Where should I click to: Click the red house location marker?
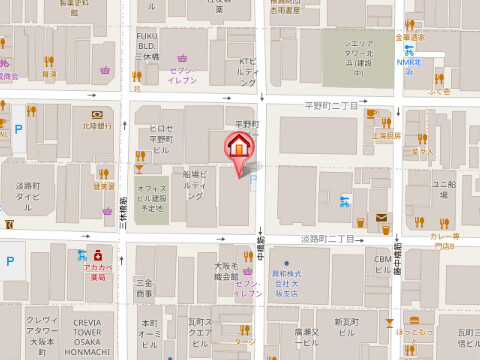[x=238, y=148]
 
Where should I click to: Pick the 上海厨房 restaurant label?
[x=385, y=135]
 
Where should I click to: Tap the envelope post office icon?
[x=381, y=217]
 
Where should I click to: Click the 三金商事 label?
[x=145, y=288]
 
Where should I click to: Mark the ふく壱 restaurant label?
[x=440, y=90]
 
